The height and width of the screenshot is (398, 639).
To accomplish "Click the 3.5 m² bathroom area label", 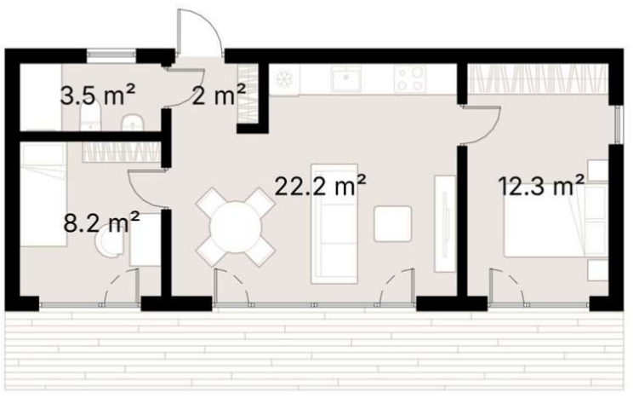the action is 97,95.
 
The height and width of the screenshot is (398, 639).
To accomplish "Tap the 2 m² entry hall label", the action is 219,95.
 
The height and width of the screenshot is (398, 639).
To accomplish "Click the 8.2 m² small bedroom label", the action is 101,222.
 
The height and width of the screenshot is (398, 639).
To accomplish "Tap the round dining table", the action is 236,227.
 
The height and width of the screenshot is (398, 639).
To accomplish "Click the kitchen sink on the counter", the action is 345,78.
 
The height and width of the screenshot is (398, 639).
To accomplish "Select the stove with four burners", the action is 410,78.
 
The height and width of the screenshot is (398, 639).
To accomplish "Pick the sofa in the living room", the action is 334,223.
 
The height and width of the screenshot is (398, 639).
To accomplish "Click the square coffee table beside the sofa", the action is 393,223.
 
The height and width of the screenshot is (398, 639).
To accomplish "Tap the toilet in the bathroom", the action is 90,116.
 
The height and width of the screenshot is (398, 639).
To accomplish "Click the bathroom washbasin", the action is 133,123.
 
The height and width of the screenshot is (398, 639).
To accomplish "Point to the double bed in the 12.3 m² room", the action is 556,221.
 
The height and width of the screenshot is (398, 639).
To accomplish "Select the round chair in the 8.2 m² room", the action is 109,243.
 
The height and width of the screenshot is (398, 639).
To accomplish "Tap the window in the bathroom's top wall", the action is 111,55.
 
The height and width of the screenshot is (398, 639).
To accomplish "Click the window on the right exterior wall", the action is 618,124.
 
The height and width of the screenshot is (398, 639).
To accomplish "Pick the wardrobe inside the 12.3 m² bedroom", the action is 538,78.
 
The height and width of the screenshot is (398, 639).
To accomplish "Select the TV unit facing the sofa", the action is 445,223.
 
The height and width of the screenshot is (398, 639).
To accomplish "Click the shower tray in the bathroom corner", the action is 41,97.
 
